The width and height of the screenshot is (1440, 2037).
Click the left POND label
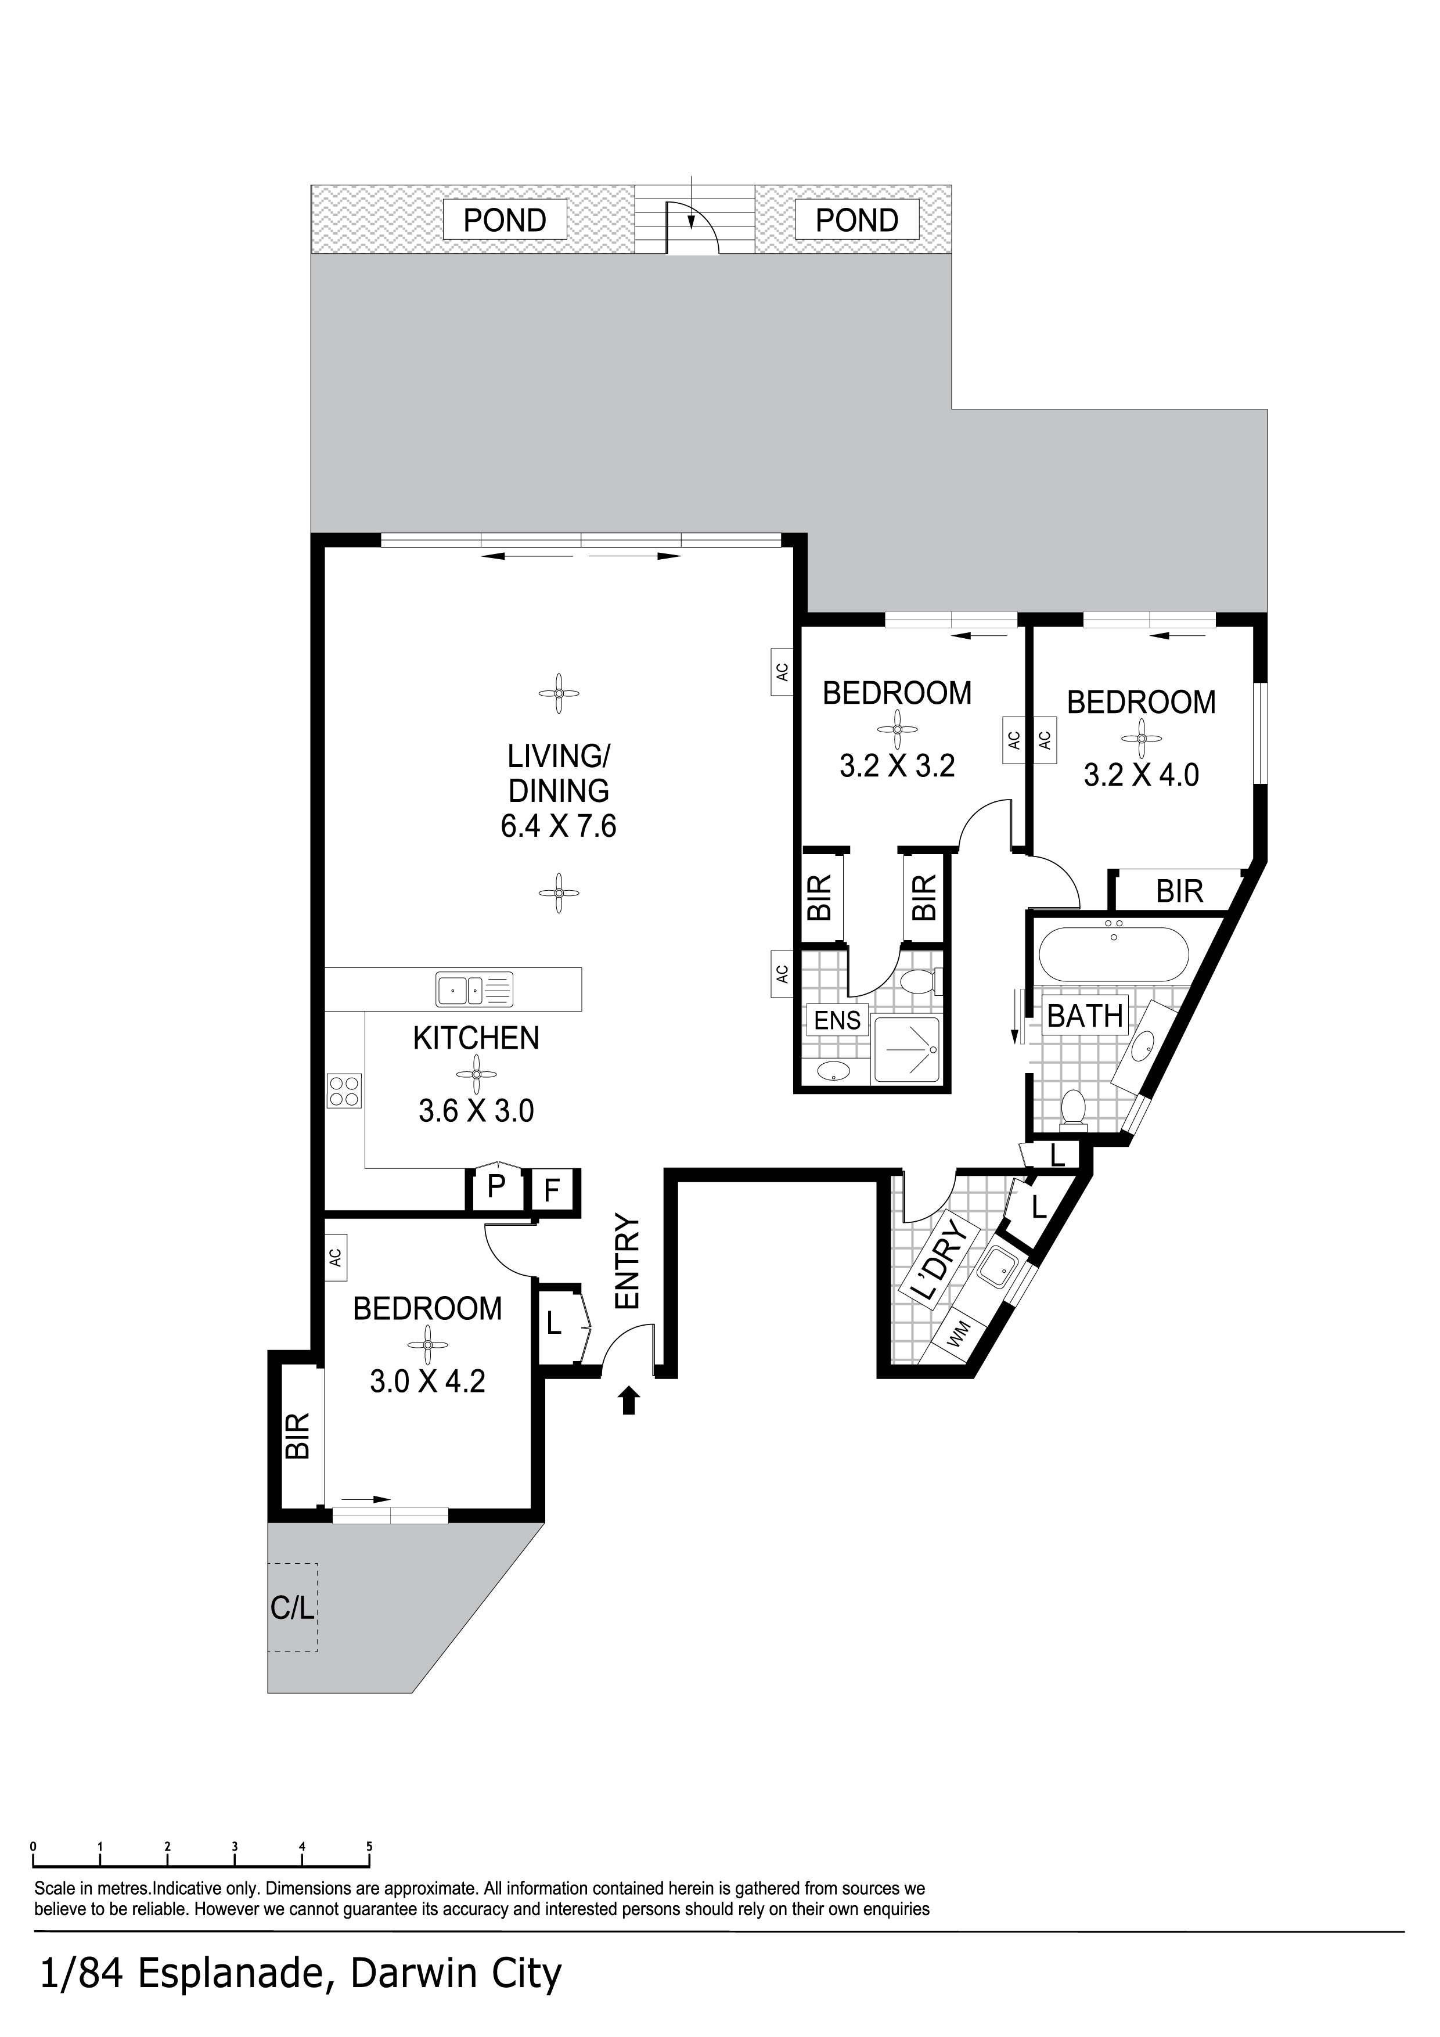[x=505, y=220]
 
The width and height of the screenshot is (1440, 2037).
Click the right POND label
[x=856, y=220]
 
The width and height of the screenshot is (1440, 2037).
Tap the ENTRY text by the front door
[x=627, y=1262]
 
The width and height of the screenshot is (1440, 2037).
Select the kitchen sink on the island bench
[x=474, y=989]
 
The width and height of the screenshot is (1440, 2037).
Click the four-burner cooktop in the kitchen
[x=344, y=1091]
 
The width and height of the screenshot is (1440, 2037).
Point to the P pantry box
[x=496, y=1186]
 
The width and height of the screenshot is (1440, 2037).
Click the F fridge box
[x=552, y=1190]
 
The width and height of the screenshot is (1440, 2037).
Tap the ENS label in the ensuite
[x=837, y=1020]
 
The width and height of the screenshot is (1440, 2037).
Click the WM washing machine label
[x=957, y=1334]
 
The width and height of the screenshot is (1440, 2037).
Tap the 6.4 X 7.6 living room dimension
[x=559, y=827]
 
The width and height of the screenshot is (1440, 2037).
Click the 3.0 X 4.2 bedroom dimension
[x=428, y=1381]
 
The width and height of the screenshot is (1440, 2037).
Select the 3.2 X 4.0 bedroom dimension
[x=1141, y=775]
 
